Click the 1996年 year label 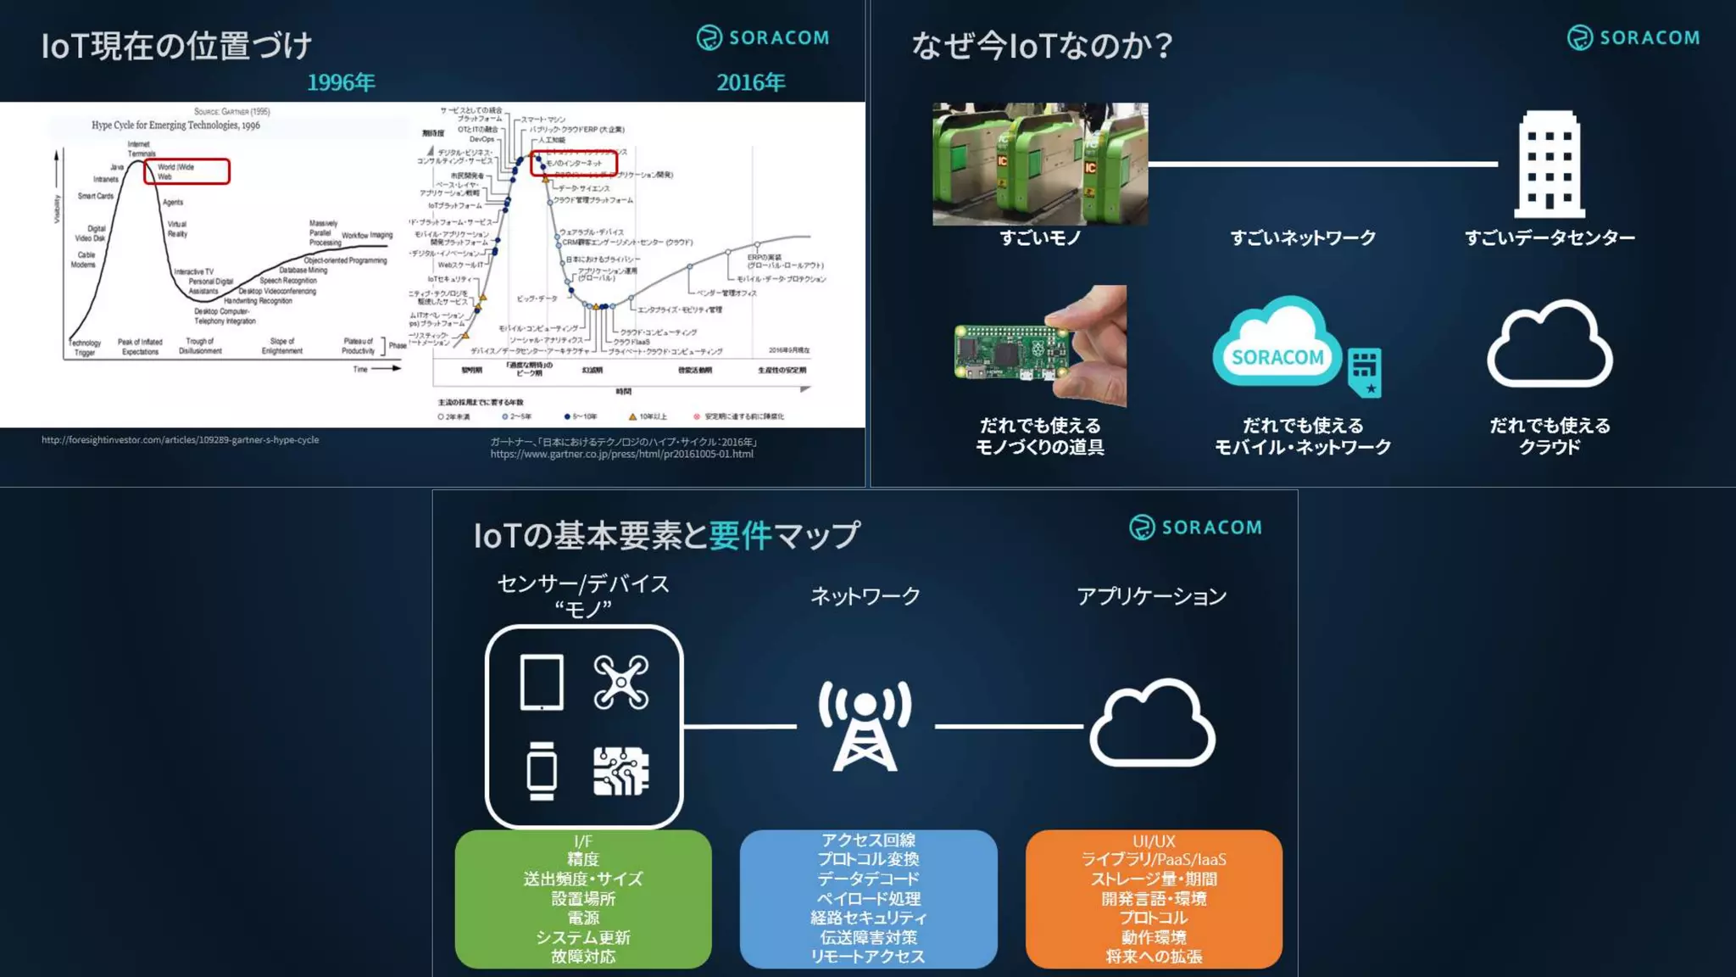pos(341,82)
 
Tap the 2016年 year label pos(751,82)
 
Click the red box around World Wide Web pos(186,171)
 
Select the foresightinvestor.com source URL pos(181,440)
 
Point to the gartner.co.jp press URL pos(621,455)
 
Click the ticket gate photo pos(1040,164)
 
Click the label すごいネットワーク pos(1303,238)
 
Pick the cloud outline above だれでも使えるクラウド pos(1550,345)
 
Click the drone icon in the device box pos(621,682)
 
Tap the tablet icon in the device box pos(542,682)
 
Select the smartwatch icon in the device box pos(542,771)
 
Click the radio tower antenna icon pos(865,725)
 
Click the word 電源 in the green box pos(583,918)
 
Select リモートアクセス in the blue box pos(868,957)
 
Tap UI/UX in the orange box pos(1154,841)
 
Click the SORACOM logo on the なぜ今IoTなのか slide pos(1633,38)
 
